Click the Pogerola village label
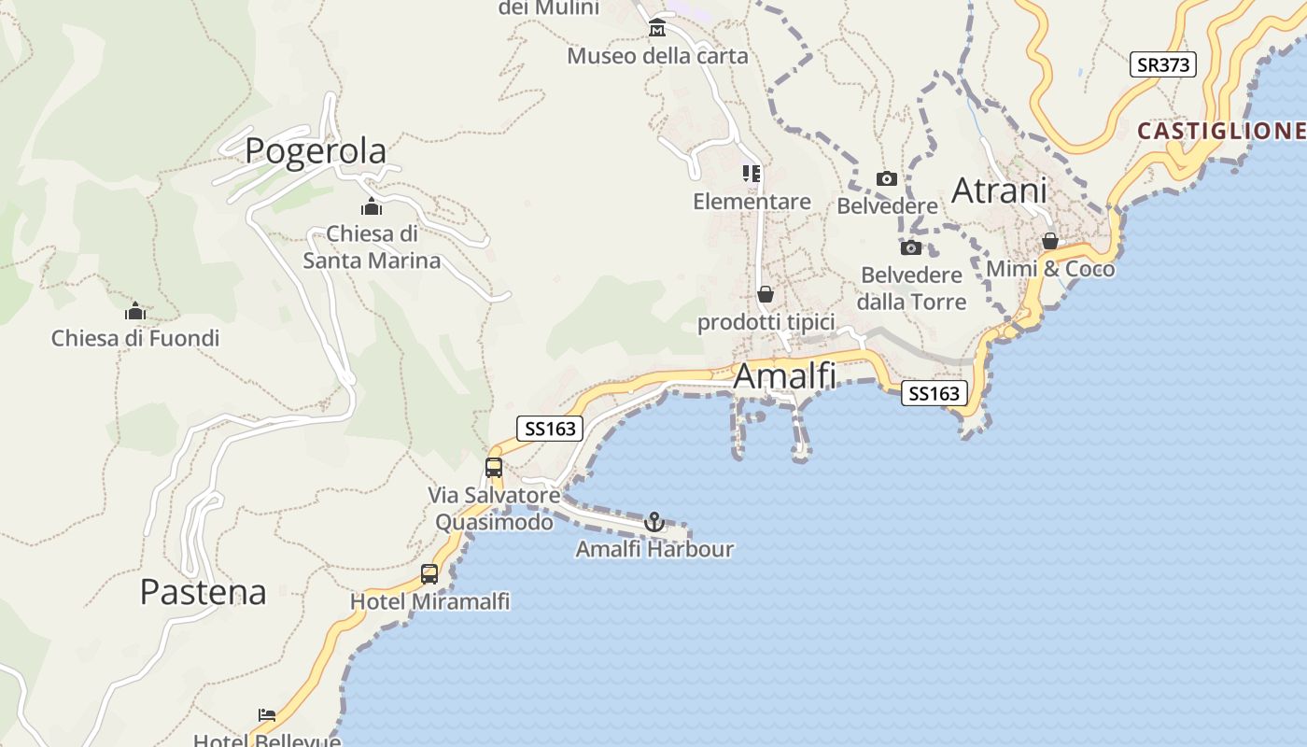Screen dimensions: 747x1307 click(316, 150)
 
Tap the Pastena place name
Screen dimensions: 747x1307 click(203, 591)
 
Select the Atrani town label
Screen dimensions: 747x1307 click(999, 190)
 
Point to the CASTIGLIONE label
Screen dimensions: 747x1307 click(1221, 131)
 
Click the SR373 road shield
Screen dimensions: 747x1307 click(1162, 64)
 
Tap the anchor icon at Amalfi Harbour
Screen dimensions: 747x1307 click(654, 522)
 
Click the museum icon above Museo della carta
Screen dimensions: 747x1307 click(657, 28)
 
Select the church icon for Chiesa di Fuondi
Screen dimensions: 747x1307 click(135, 311)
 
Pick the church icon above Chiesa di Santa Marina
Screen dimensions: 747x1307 click(372, 206)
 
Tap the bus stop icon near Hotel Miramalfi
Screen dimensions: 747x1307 click(429, 574)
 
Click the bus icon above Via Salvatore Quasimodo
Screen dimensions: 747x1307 click(494, 468)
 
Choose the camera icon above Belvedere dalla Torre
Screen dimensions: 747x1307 click(910, 247)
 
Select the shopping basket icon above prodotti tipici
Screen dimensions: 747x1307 click(766, 294)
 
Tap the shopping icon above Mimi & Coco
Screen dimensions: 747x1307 click(1050, 242)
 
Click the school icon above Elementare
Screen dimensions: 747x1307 click(752, 174)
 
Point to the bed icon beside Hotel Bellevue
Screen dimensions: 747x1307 click(267, 715)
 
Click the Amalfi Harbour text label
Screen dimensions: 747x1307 click(654, 549)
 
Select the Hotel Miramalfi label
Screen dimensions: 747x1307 click(429, 601)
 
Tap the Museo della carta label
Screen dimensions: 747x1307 click(657, 56)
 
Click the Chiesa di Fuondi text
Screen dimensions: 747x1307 click(135, 338)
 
